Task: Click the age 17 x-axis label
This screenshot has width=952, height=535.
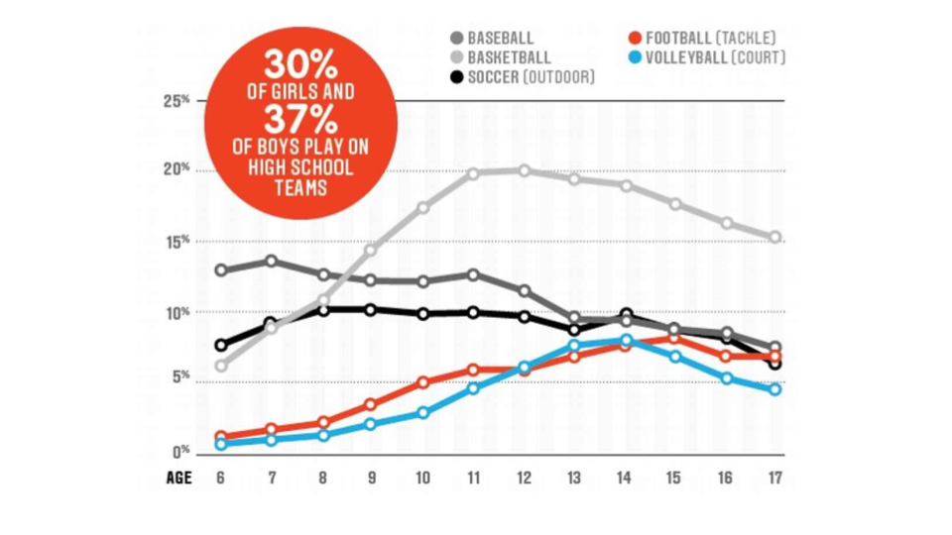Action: click(x=774, y=479)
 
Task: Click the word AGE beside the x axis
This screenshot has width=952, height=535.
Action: click(x=178, y=479)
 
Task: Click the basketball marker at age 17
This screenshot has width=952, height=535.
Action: click(x=774, y=238)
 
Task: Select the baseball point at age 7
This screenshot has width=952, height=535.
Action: click(x=271, y=262)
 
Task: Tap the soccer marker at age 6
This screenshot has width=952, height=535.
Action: click(x=220, y=346)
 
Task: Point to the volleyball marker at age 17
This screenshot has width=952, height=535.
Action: click(x=774, y=389)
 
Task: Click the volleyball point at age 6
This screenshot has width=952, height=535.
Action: click(x=220, y=445)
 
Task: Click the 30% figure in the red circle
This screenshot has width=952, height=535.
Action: click(x=299, y=67)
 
